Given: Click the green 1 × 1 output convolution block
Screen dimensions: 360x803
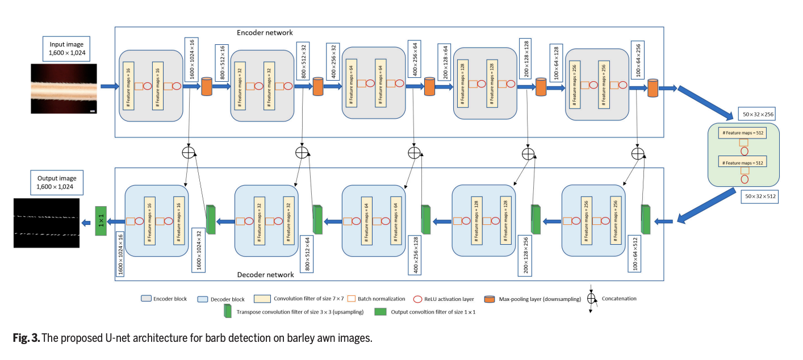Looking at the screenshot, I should point(101,221).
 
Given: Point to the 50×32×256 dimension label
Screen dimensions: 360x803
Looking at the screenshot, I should point(758,114).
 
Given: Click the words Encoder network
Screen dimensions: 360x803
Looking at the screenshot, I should point(266,32).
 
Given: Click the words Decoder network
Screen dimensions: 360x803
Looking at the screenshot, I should point(265,274).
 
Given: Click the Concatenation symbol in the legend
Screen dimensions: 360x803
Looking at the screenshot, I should point(591,299).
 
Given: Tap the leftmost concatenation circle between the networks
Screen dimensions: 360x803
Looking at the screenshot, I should point(189,152).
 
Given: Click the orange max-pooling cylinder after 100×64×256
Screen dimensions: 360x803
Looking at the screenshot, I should point(653,87).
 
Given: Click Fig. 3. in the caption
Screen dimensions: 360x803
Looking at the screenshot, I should point(26,338).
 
